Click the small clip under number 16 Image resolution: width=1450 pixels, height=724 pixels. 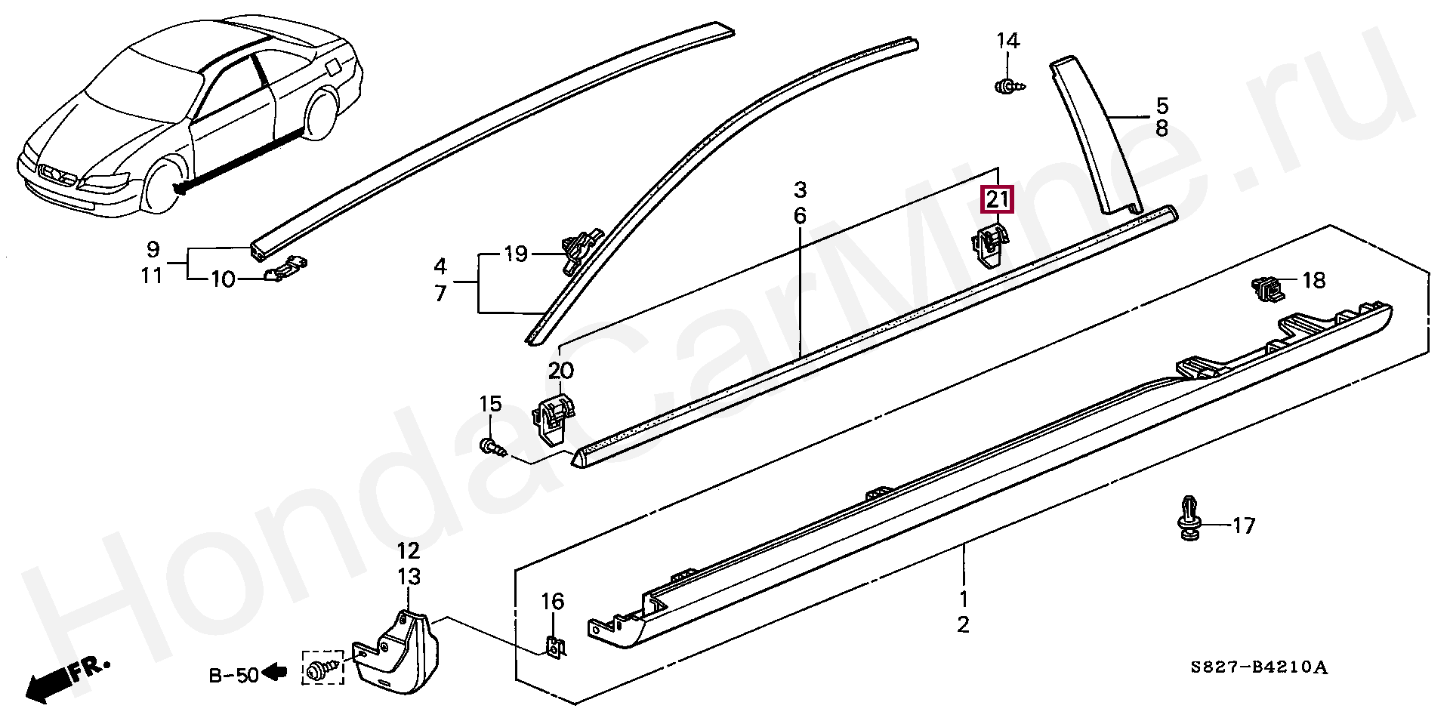coord(555,646)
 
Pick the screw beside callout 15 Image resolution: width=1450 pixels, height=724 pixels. coord(492,446)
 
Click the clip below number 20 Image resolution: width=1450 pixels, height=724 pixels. coord(554,420)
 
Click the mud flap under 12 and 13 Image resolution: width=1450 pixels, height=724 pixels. coord(393,653)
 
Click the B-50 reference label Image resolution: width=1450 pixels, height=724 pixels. coord(233,674)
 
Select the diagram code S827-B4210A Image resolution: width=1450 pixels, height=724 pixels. coord(1258,668)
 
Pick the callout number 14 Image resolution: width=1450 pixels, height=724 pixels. coord(1007,40)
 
